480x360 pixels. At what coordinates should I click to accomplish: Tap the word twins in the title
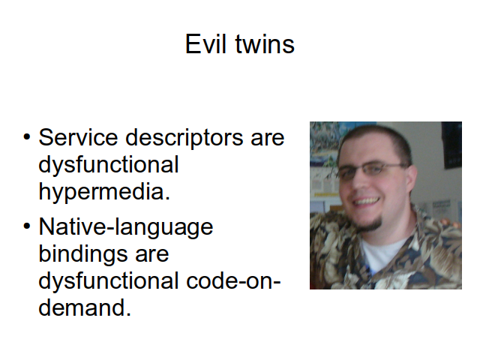265,44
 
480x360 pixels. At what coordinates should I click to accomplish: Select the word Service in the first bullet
78,137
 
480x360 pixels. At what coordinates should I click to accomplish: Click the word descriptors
184,138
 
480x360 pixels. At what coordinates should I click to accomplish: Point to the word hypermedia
104,192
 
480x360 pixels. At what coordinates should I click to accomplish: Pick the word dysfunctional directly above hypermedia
108,165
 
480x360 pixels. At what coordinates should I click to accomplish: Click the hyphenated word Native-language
126,227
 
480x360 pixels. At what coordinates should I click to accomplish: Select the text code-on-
233,280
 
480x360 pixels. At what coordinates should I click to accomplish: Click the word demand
85,307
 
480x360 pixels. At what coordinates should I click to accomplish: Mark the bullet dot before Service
27,137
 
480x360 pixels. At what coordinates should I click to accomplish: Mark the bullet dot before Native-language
27,226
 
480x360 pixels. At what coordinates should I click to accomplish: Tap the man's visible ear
411,180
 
